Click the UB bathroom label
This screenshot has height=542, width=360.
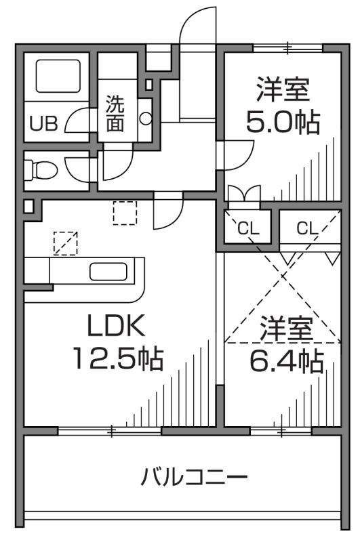click(x=42, y=124)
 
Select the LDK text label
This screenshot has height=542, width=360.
click(x=115, y=327)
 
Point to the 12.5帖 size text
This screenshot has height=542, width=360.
click(x=119, y=357)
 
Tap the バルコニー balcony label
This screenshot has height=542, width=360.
click(x=194, y=478)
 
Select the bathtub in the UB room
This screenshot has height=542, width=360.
click(x=57, y=77)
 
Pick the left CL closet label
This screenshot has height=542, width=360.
click(x=247, y=228)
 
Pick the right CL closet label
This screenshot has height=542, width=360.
click(x=307, y=228)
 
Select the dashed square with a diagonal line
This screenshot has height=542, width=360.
click(x=65, y=243)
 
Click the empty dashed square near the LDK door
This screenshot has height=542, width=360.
click(x=125, y=213)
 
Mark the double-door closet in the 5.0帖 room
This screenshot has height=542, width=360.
click(x=243, y=194)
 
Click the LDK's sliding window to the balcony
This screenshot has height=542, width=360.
click(x=109, y=430)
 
